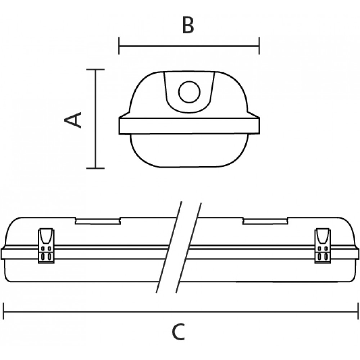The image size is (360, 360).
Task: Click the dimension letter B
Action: coord(188,25)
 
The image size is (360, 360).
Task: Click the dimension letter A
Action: coord(73,120)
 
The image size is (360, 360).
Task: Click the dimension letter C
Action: coord(179,332)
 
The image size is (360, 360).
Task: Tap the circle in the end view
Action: coord(189,92)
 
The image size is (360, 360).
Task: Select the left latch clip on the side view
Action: coord(46,246)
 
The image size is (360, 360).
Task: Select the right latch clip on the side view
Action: coord(323,246)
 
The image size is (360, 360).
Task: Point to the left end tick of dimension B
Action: coord(119,46)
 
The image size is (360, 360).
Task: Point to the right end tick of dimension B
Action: coord(259,46)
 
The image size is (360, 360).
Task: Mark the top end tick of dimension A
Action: coord(95,69)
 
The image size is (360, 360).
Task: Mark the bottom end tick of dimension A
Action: coord(95,168)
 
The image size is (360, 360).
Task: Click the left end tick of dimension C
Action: coord(4,311)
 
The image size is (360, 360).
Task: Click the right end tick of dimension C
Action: coord(358,311)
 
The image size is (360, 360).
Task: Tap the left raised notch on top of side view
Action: coord(98,221)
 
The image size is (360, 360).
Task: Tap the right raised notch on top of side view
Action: coord(265,221)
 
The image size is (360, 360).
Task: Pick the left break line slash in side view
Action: coord(169,247)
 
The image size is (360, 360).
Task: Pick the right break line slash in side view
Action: coord(189,247)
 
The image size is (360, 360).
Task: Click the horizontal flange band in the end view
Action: coord(189,126)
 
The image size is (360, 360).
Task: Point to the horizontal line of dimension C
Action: coord(181,312)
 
